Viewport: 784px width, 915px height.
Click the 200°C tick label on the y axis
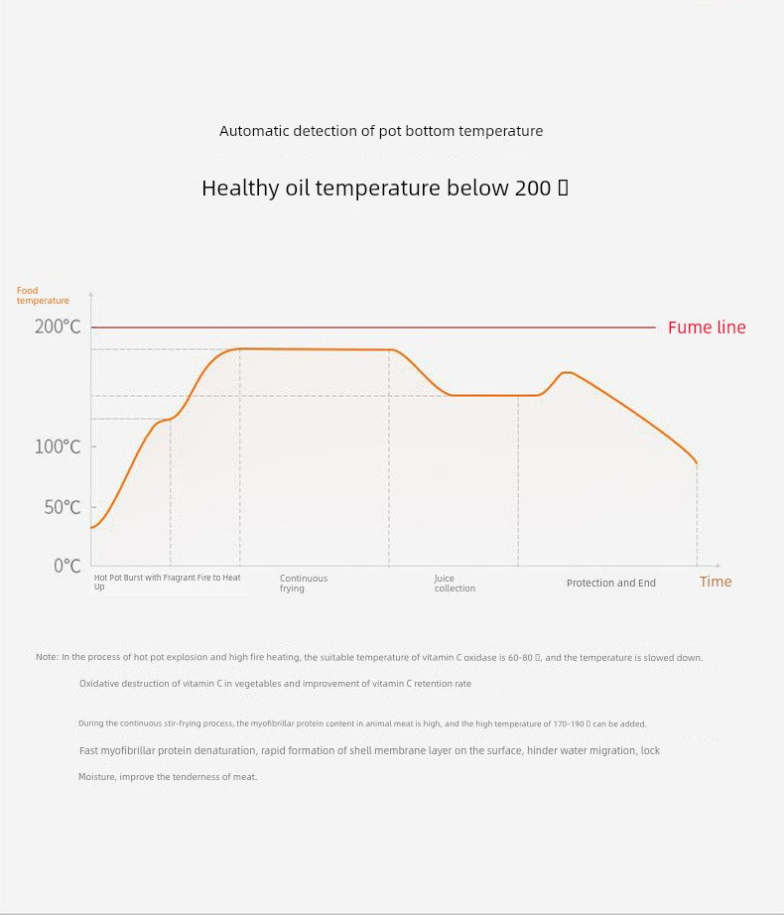pyautogui.click(x=58, y=327)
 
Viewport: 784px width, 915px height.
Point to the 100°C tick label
pyautogui.click(x=58, y=447)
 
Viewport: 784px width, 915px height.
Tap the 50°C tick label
pyautogui.click(x=62, y=507)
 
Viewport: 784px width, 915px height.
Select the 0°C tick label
pyautogui.click(x=66, y=566)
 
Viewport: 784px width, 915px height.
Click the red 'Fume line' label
pyautogui.click(x=707, y=327)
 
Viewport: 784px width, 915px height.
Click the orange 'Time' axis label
pyautogui.click(x=716, y=582)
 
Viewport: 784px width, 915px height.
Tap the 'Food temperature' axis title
pyautogui.click(x=43, y=296)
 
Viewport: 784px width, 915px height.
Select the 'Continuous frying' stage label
pyautogui.click(x=303, y=584)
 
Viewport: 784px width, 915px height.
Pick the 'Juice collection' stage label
pyautogui.click(x=455, y=584)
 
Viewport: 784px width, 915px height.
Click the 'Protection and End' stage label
pyautogui.click(x=611, y=583)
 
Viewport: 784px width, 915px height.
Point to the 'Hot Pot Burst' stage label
pyautogui.click(x=167, y=582)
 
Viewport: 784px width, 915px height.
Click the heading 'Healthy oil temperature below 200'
pyautogui.click(x=385, y=189)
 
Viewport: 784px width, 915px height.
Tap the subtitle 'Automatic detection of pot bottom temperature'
pyautogui.click(x=381, y=131)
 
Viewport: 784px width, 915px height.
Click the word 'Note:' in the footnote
pyautogui.click(x=47, y=657)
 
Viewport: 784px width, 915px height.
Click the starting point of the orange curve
pyautogui.click(x=91, y=527)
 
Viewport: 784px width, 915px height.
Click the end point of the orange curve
pyautogui.click(x=697, y=463)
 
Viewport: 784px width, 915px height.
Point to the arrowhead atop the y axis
pyautogui.click(x=91, y=295)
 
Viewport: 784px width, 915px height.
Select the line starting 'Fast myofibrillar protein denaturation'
pyautogui.click(x=369, y=750)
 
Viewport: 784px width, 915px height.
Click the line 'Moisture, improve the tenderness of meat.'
pyautogui.click(x=168, y=777)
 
